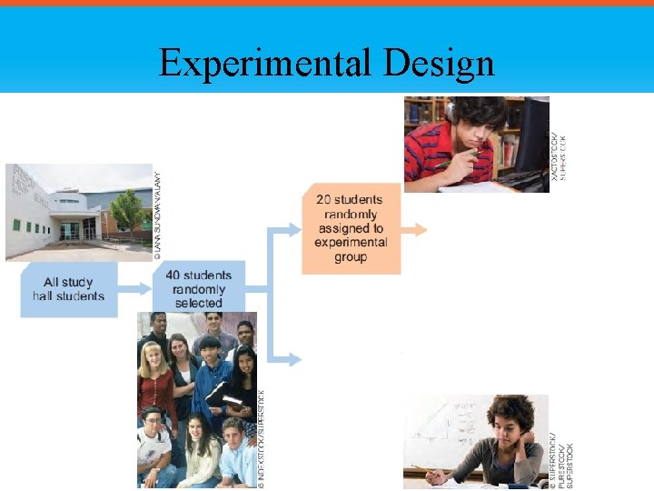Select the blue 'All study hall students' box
69,289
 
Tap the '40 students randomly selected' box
199,288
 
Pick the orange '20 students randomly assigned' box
351,228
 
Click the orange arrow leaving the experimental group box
414,230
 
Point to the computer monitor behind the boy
531,136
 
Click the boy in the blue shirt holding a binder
210,382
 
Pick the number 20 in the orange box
325,199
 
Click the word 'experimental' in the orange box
351,242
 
